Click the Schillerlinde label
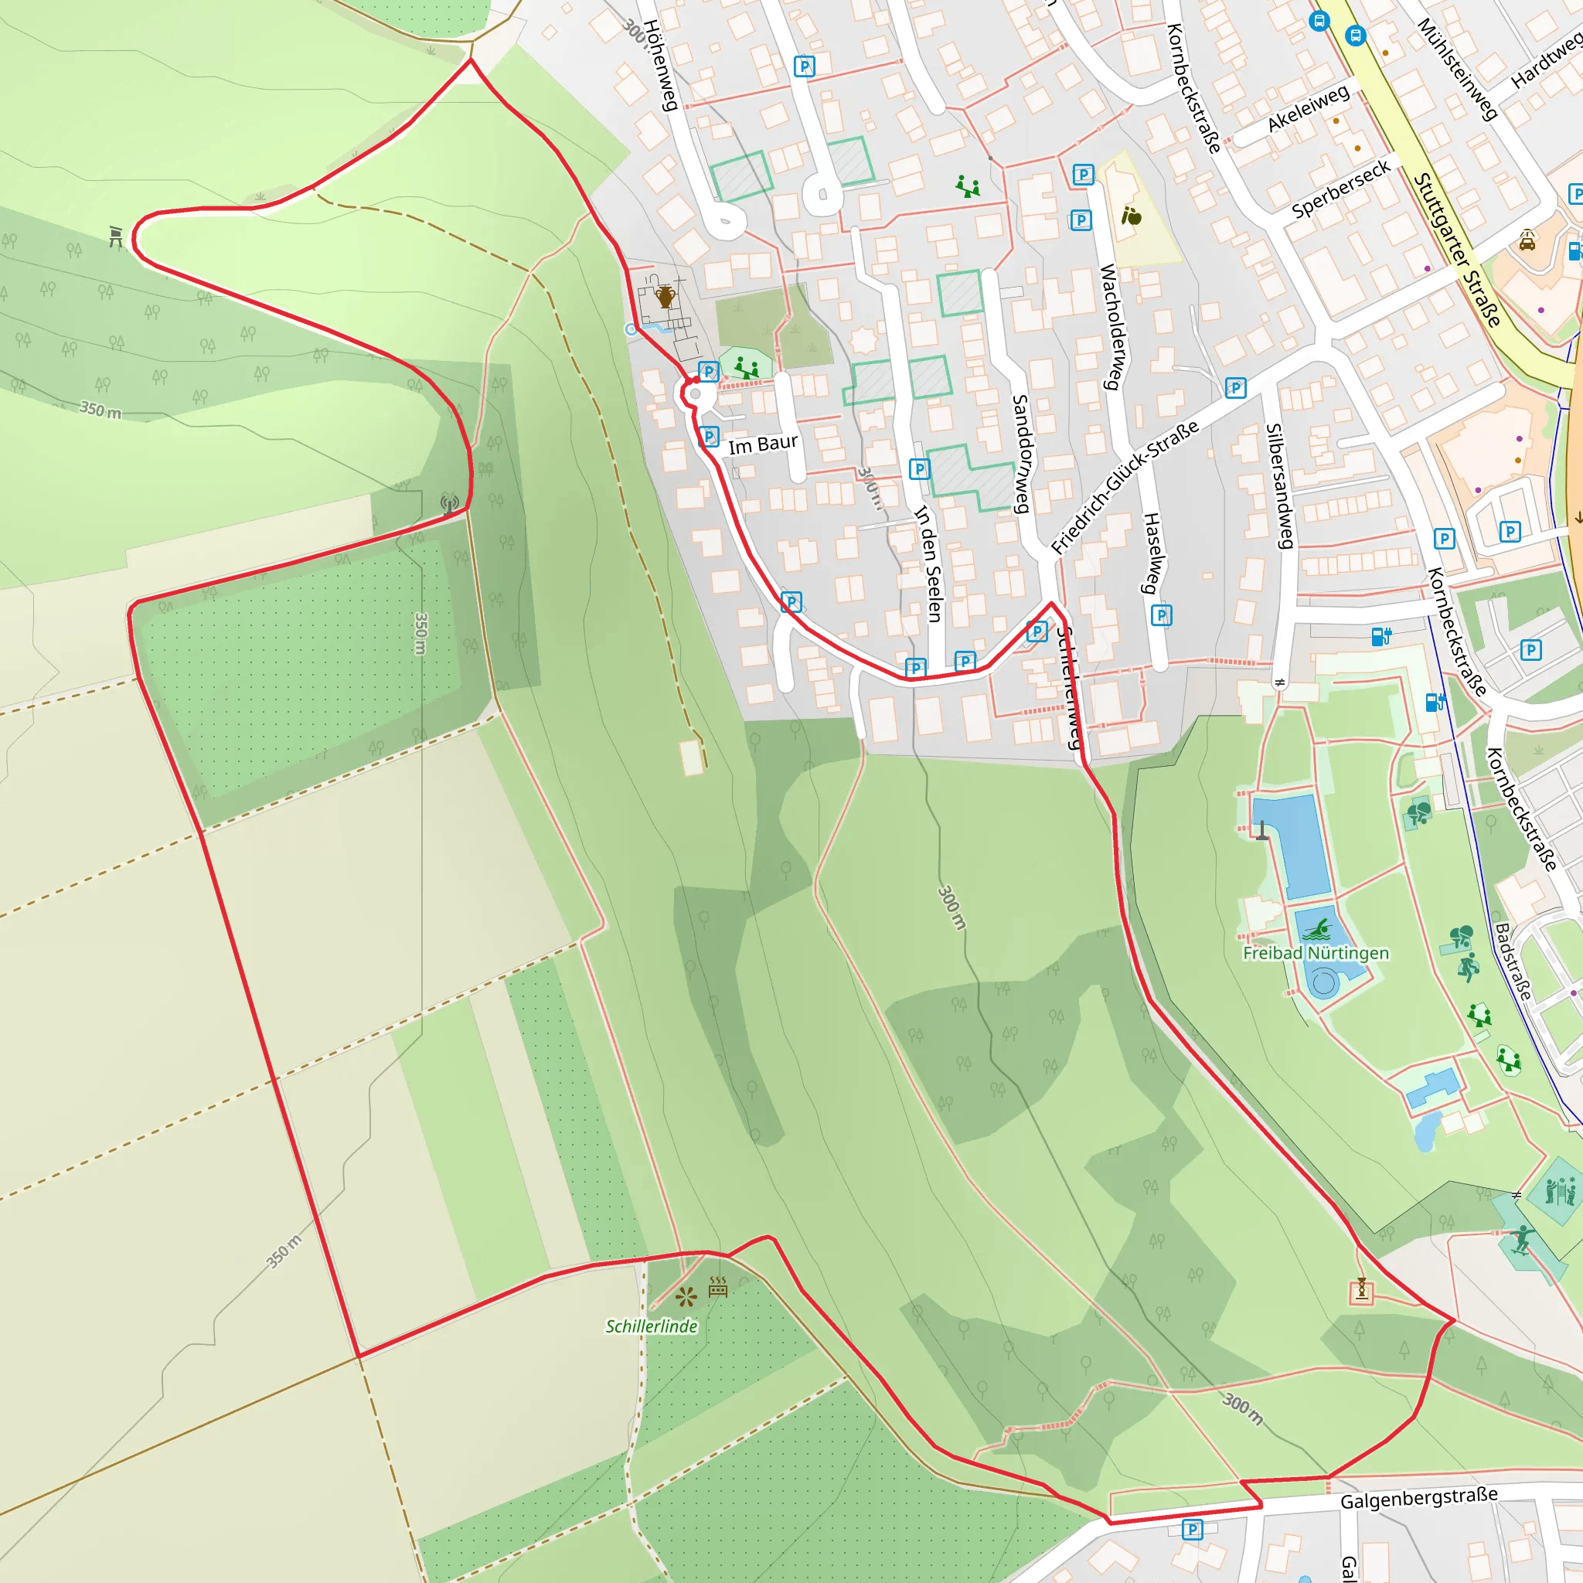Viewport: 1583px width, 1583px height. pos(652,1326)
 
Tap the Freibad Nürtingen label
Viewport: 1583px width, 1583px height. pos(1315,953)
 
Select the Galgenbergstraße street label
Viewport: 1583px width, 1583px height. pos(1419,1499)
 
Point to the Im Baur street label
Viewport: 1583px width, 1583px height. pos(763,444)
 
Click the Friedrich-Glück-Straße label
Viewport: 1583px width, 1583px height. pos(1124,487)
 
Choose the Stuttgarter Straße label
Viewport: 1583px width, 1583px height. pos(1457,249)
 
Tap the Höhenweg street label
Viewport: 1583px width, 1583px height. pos(660,66)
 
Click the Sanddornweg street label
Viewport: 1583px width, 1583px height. pos(1020,453)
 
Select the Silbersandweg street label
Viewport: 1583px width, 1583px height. pos(1280,486)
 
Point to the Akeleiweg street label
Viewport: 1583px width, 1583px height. pos(1308,108)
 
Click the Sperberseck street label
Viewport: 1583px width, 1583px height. pos(1340,189)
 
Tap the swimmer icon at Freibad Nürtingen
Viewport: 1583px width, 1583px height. pos(1316,930)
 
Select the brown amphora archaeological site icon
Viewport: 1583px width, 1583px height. pos(665,297)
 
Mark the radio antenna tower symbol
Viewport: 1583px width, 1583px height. pos(449,503)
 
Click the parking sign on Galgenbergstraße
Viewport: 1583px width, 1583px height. pos(1192,1529)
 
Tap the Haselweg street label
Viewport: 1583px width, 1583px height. pos(1150,552)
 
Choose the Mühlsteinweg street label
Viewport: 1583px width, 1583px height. pos(1457,69)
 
